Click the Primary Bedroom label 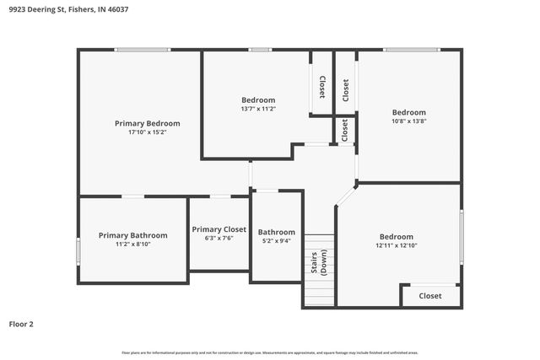click(148, 123)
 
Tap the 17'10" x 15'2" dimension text click(148, 132)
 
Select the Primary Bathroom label click(132, 235)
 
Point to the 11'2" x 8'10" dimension click(132, 244)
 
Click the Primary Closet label click(219, 229)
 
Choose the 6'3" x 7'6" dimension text click(219, 239)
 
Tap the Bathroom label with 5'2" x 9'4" click(277, 232)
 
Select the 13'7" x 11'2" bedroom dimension click(258, 109)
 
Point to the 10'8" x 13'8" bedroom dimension click(408, 121)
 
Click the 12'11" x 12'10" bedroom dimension click(397, 245)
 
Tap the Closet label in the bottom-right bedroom click(430, 296)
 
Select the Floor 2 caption click(21, 324)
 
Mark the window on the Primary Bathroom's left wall click(78, 250)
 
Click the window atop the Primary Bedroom click(143, 50)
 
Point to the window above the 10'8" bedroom click(411, 50)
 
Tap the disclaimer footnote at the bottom click(270, 352)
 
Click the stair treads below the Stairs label click(319, 291)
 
